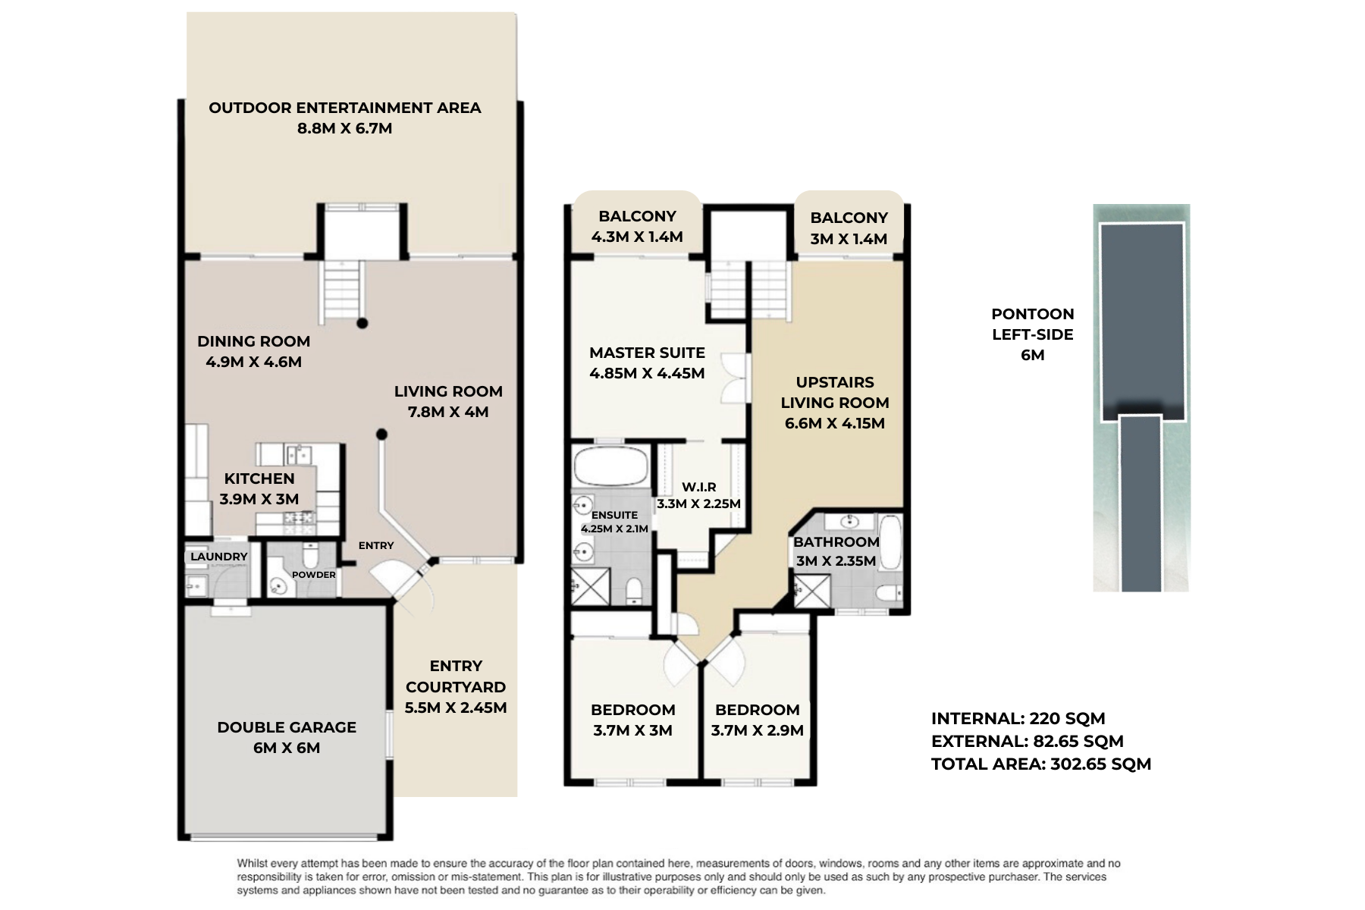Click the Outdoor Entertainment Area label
[x=345, y=108]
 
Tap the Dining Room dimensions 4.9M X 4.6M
[x=254, y=362]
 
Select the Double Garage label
[x=287, y=727]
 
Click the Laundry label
[x=219, y=557]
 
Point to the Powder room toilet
[x=311, y=554]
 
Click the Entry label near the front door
[x=376, y=545]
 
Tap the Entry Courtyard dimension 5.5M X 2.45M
[x=456, y=708]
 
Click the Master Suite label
[x=647, y=353]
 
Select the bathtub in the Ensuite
[x=610, y=466]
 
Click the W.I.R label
[x=699, y=487]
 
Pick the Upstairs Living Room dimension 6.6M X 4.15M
[x=835, y=423]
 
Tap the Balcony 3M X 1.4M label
[x=849, y=228]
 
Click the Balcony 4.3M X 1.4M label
[x=637, y=227]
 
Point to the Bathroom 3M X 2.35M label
[x=836, y=551]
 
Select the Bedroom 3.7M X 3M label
[x=633, y=720]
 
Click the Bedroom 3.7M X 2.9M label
[x=758, y=720]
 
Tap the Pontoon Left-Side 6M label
[x=1033, y=334]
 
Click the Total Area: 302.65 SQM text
[x=1041, y=764]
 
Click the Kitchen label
[x=259, y=479]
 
